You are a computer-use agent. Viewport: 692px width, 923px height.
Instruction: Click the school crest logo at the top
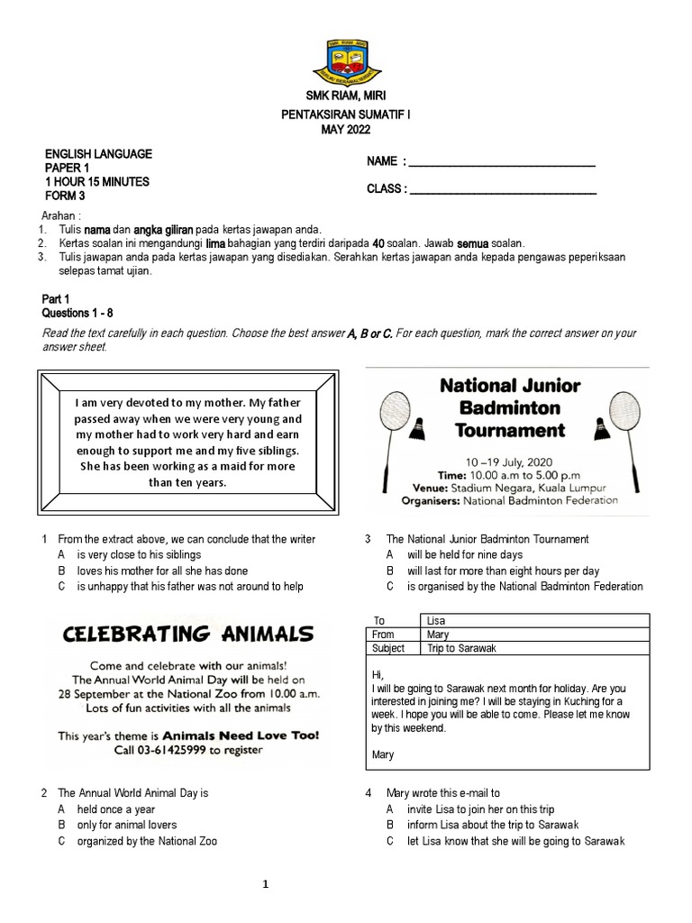(345, 59)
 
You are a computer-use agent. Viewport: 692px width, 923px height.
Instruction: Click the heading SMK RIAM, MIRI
(346, 96)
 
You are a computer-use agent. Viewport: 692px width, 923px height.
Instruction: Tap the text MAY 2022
(346, 130)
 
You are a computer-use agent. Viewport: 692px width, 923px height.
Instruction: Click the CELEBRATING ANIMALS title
(188, 632)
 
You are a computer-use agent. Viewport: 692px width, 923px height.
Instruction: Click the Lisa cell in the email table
(533, 620)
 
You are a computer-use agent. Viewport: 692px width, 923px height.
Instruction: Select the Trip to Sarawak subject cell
(533, 648)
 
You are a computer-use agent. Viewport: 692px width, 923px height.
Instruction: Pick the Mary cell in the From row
(533, 635)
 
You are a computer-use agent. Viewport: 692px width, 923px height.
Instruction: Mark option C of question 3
(524, 586)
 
